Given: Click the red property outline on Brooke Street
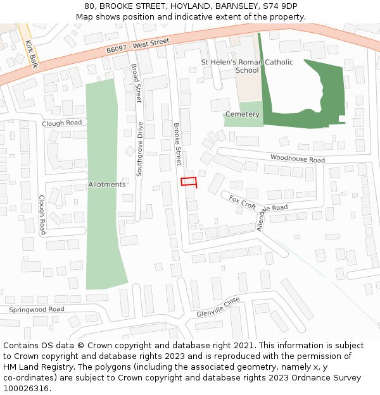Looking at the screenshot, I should (x=189, y=183).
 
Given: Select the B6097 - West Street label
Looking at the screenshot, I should (x=138, y=46).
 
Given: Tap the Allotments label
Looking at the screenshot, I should (x=107, y=185).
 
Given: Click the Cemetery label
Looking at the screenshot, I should (x=243, y=114).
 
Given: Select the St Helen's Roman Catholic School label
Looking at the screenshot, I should (x=247, y=66).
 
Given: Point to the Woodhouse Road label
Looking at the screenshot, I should (x=297, y=159).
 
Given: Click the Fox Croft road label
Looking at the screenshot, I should (x=243, y=202).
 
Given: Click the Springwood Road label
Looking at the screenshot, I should (x=36, y=310).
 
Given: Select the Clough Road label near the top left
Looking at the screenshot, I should (x=62, y=123).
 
